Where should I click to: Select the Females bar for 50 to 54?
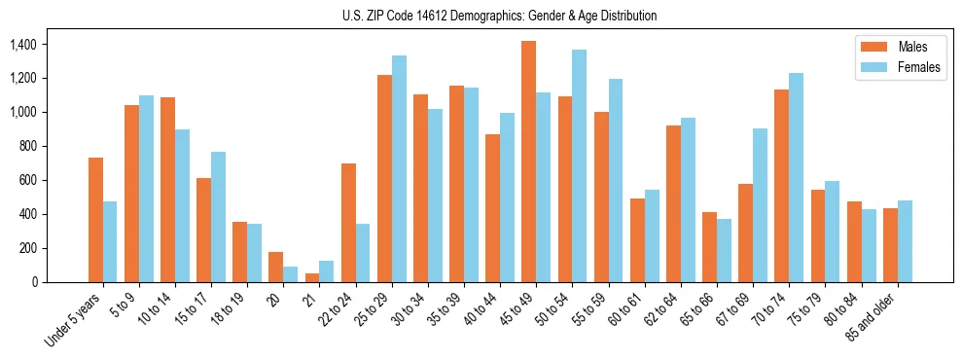click(579, 165)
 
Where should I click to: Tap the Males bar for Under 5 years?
click(95, 220)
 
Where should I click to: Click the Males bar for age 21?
click(312, 277)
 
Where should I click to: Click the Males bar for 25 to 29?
click(384, 178)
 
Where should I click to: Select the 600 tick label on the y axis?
click(27, 180)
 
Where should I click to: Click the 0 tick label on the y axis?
click(34, 282)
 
